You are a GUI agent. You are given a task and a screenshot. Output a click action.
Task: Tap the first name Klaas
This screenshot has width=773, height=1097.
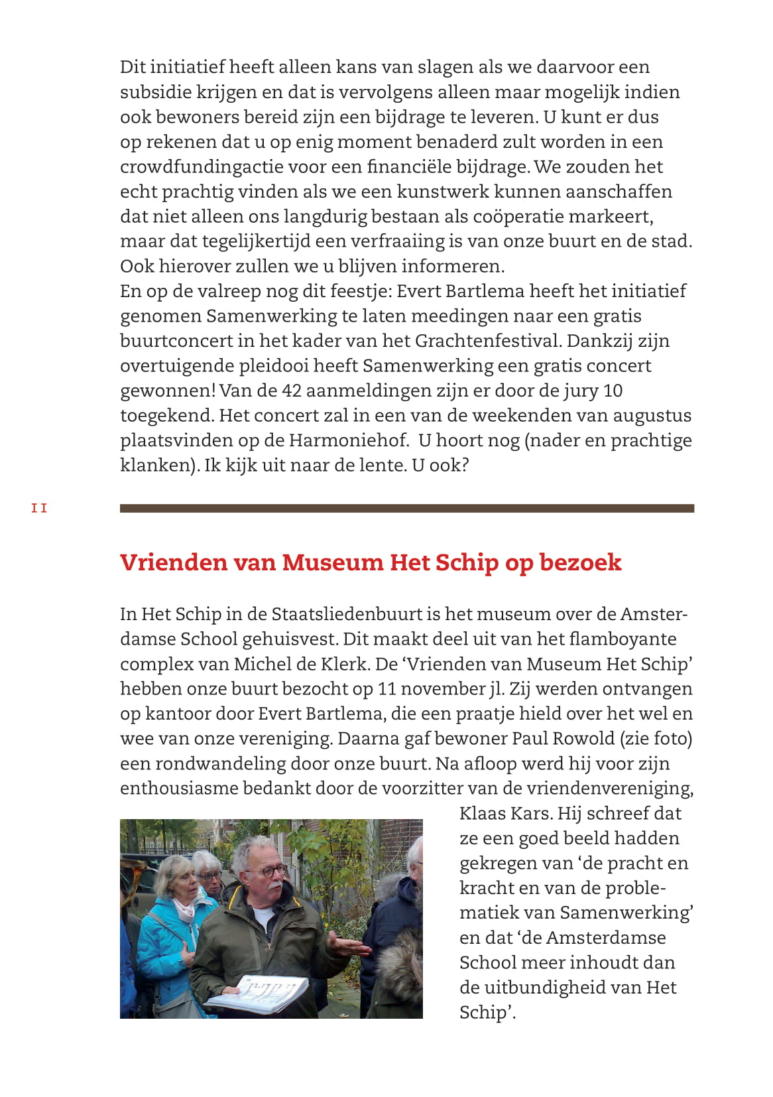(x=483, y=813)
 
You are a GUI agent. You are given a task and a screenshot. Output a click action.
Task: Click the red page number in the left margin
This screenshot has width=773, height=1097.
(x=39, y=509)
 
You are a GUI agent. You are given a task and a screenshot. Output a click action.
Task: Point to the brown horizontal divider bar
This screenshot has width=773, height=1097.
(x=406, y=509)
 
